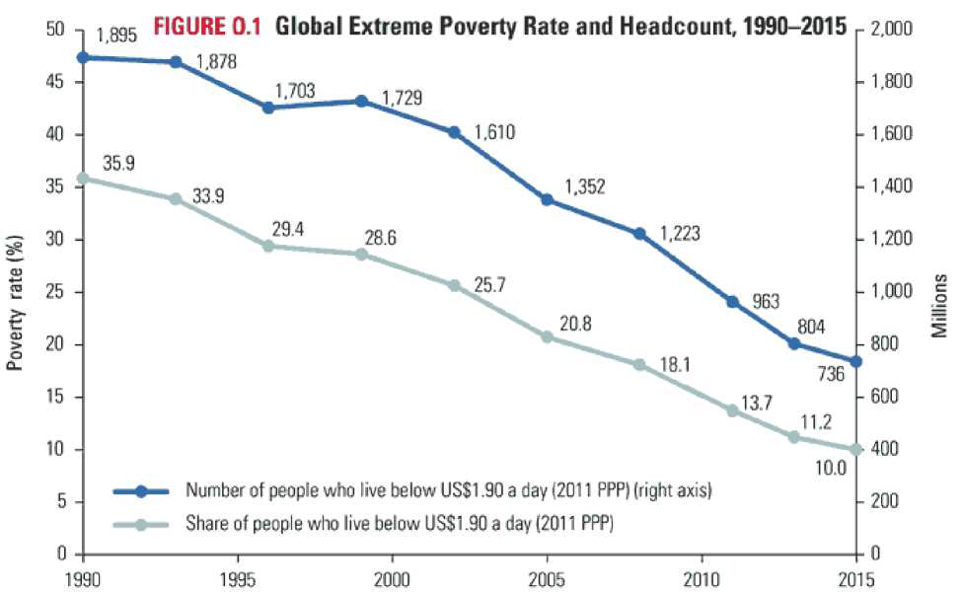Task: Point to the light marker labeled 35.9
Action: point(83,179)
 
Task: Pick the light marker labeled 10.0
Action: point(856,450)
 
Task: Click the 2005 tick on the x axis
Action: point(548,573)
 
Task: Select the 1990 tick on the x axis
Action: point(83,573)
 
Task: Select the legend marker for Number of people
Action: point(141,490)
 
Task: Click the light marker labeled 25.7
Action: point(455,286)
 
